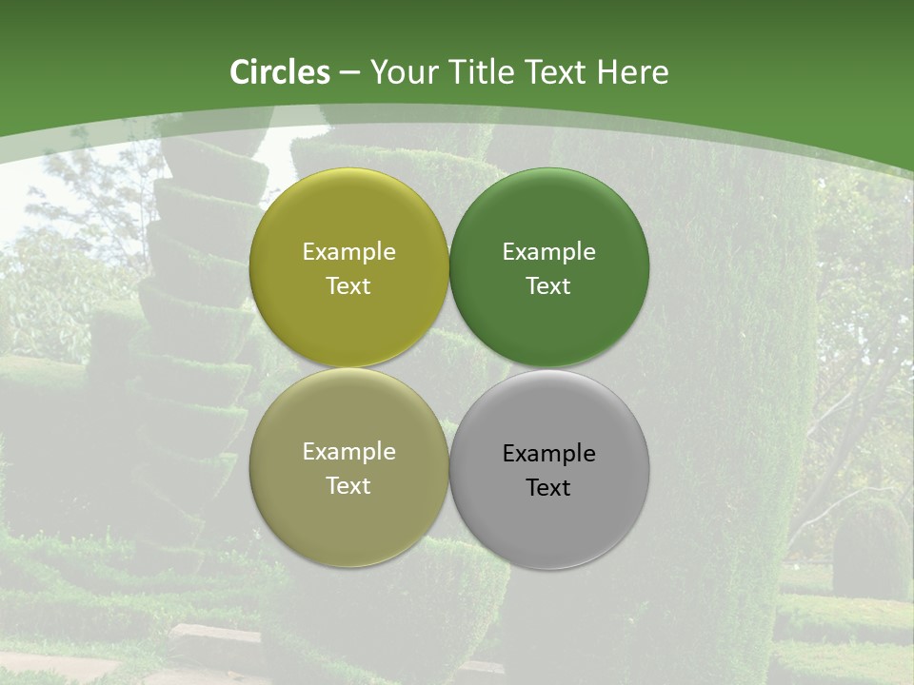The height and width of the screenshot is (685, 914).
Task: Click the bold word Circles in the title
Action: [280, 72]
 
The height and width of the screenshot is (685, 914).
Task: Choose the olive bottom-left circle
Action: [348, 523]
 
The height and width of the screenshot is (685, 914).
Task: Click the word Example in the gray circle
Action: [548, 453]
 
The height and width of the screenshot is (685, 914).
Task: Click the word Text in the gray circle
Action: [548, 487]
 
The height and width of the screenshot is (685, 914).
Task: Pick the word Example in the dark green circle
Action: [548, 251]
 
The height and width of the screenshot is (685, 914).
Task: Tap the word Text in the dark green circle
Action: [548, 285]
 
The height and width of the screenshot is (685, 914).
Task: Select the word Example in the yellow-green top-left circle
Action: [348, 251]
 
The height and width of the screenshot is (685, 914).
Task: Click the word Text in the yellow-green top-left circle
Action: [348, 285]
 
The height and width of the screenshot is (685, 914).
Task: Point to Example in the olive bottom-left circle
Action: [348, 451]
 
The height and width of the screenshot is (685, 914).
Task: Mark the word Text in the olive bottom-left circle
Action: [348, 485]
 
